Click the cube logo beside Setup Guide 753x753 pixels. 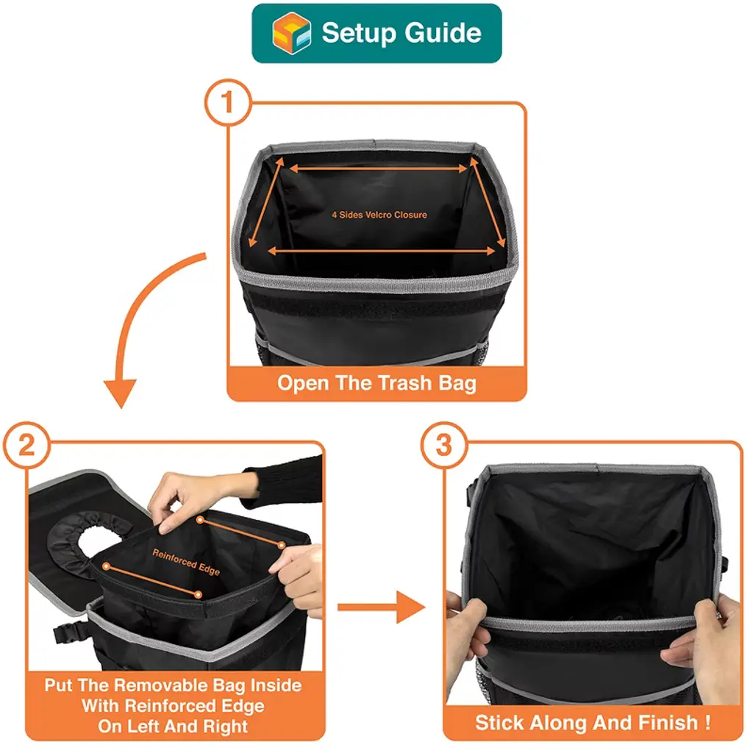[x=291, y=33]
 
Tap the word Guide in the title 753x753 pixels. [x=442, y=33]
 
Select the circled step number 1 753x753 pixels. [x=228, y=102]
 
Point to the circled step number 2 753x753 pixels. [x=27, y=445]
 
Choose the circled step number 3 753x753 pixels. [x=444, y=445]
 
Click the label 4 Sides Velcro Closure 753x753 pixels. [x=379, y=215]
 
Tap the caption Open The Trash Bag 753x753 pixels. [x=376, y=384]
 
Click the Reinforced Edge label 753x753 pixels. [x=186, y=562]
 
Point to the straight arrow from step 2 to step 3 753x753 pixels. [x=382, y=607]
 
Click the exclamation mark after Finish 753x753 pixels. [x=707, y=722]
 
